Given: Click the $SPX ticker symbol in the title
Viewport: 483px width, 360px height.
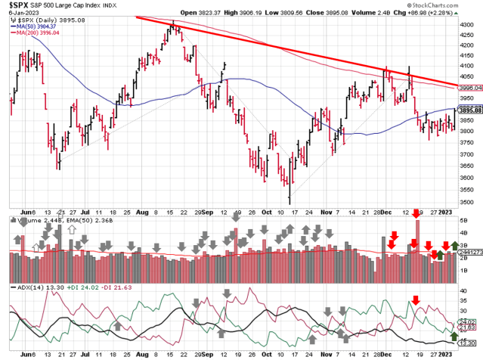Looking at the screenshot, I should [16, 5].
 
